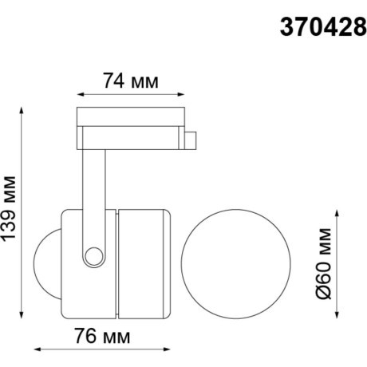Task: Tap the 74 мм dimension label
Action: (x=130, y=81)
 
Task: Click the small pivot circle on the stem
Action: (x=96, y=255)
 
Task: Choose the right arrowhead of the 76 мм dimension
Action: (x=168, y=348)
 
